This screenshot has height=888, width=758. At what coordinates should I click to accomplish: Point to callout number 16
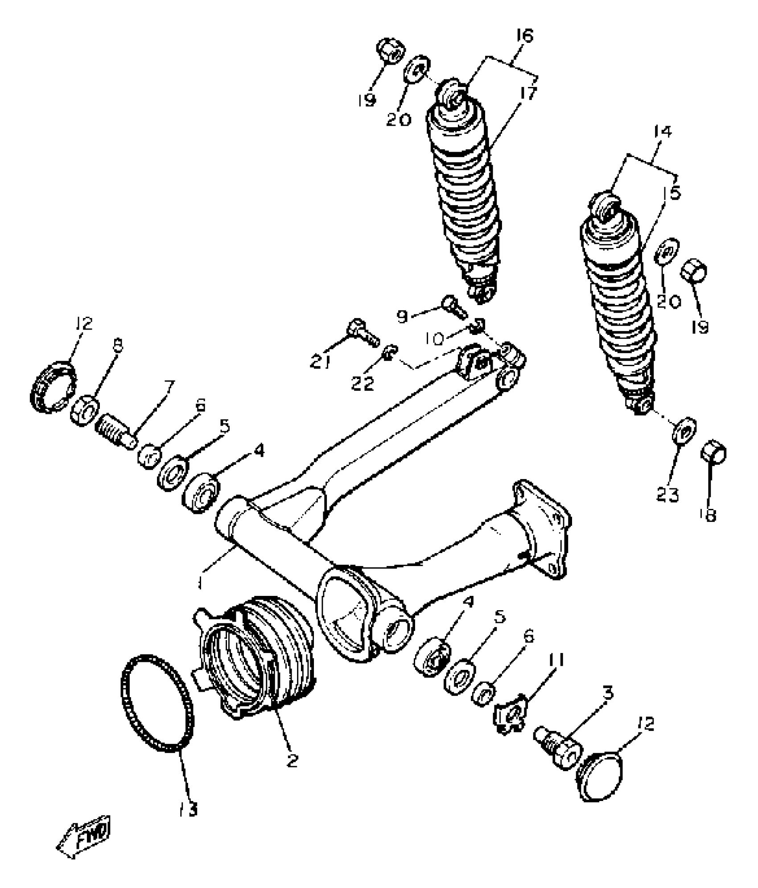coord(525,36)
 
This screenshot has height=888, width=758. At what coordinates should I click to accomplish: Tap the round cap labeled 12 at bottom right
coord(602,775)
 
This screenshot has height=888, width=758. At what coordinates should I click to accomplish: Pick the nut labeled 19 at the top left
coord(391,51)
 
